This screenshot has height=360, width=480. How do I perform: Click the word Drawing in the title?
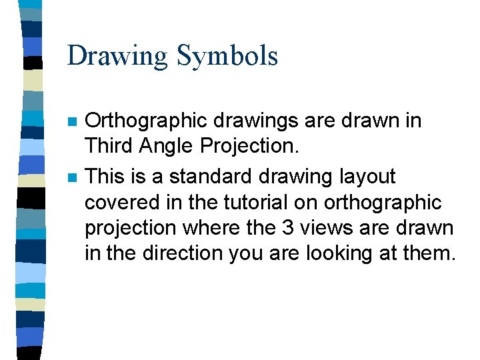[x=117, y=56]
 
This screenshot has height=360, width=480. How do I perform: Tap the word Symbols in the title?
[x=227, y=56]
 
